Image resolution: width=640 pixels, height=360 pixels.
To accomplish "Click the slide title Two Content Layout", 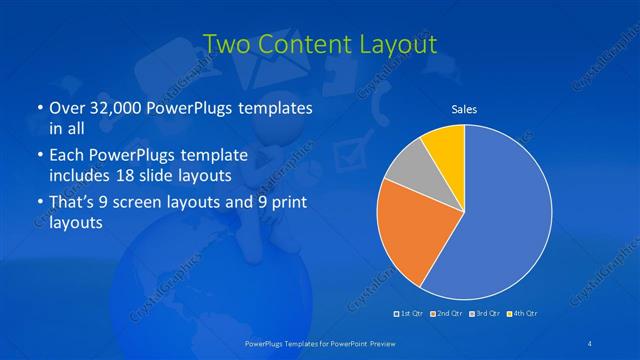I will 319,44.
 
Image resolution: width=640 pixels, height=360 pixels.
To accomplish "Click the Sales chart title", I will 464,107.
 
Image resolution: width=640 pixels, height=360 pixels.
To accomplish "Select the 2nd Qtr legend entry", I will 446,314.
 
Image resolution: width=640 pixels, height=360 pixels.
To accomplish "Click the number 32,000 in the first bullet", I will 114,107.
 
